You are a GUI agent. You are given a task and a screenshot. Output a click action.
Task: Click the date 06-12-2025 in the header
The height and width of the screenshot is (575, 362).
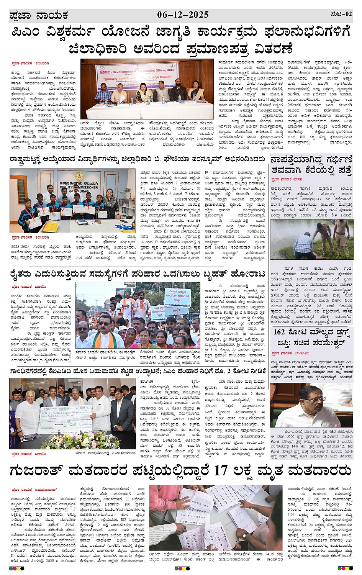tap(183, 15)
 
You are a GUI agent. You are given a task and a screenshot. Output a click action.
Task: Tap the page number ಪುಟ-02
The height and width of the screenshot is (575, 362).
tap(341, 14)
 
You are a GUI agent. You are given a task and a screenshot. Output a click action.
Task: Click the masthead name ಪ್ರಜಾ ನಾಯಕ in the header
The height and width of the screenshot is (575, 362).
tap(39, 15)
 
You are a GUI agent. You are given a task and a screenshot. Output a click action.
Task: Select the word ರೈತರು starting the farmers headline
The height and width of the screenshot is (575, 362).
tap(26, 274)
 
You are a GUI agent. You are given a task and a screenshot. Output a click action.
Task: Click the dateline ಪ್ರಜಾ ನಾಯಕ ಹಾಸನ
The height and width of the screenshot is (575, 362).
tap(287, 179)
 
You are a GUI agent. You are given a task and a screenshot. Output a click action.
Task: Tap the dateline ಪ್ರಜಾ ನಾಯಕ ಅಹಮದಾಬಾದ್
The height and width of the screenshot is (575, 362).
tap(34, 490)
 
